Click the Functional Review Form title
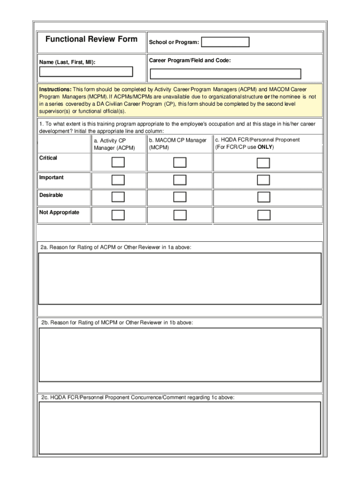click(x=91, y=39)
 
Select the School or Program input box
click(x=225, y=42)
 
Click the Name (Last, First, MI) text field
click(x=86, y=72)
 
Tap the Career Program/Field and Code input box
click(x=225, y=74)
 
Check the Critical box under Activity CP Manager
click(x=118, y=162)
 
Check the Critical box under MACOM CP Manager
click(x=180, y=162)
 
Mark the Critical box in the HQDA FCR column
click(x=264, y=163)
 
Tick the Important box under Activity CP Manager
click(x=118, y=180)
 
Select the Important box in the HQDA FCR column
click(x=264, y=180)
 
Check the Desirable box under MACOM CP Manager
click(x=180, y=197)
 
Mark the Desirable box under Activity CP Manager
click(x=118, y=197)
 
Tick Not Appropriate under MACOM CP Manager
click(x=180, y=215)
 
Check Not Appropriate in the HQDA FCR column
click(x=264, y=215)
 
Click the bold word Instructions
click(x=55, y=89)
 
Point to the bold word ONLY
click(x=265, y=147)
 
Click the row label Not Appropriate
click(x=59, y=212)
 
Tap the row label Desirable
click(x=51, y=195)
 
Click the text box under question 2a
click(x=180, y=279)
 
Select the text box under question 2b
click(x=180, y=354)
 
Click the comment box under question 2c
click(x=180, y=428)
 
